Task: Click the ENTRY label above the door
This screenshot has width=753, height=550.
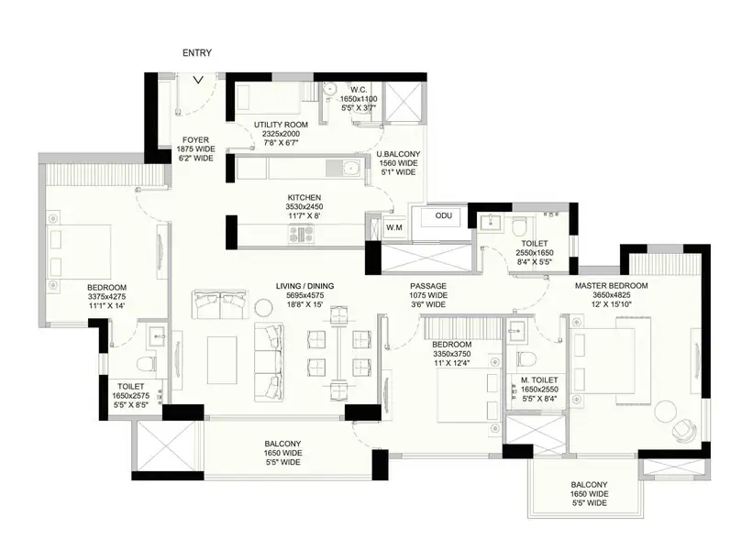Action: pos(197,53)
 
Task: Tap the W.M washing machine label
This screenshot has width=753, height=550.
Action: pos(394,227)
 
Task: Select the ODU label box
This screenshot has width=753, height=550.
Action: pos(443,216)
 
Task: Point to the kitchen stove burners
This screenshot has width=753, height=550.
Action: pos(301,234)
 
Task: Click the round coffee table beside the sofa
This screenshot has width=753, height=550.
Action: pos(263,308)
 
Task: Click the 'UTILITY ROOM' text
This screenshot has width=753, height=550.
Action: pos(281,125)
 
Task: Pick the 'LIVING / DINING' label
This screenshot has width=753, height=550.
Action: pos(305,286)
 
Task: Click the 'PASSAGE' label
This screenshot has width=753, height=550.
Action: pos(428,286)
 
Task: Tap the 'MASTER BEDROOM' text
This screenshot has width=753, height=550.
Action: pos(612,286)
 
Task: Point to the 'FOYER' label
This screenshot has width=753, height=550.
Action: pos(195,140)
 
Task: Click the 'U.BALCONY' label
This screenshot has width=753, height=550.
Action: pos(398,154)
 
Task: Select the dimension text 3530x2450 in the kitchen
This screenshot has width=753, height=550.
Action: pos(304,207)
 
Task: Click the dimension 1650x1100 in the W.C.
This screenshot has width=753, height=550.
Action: pos(359,99)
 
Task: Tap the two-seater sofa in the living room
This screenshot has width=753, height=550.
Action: pos(219,304)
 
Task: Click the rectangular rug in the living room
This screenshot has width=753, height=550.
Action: pos(222,360)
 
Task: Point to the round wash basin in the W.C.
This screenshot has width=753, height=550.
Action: pos(329,89)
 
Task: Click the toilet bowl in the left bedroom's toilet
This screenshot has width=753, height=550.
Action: pos(147,364)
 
